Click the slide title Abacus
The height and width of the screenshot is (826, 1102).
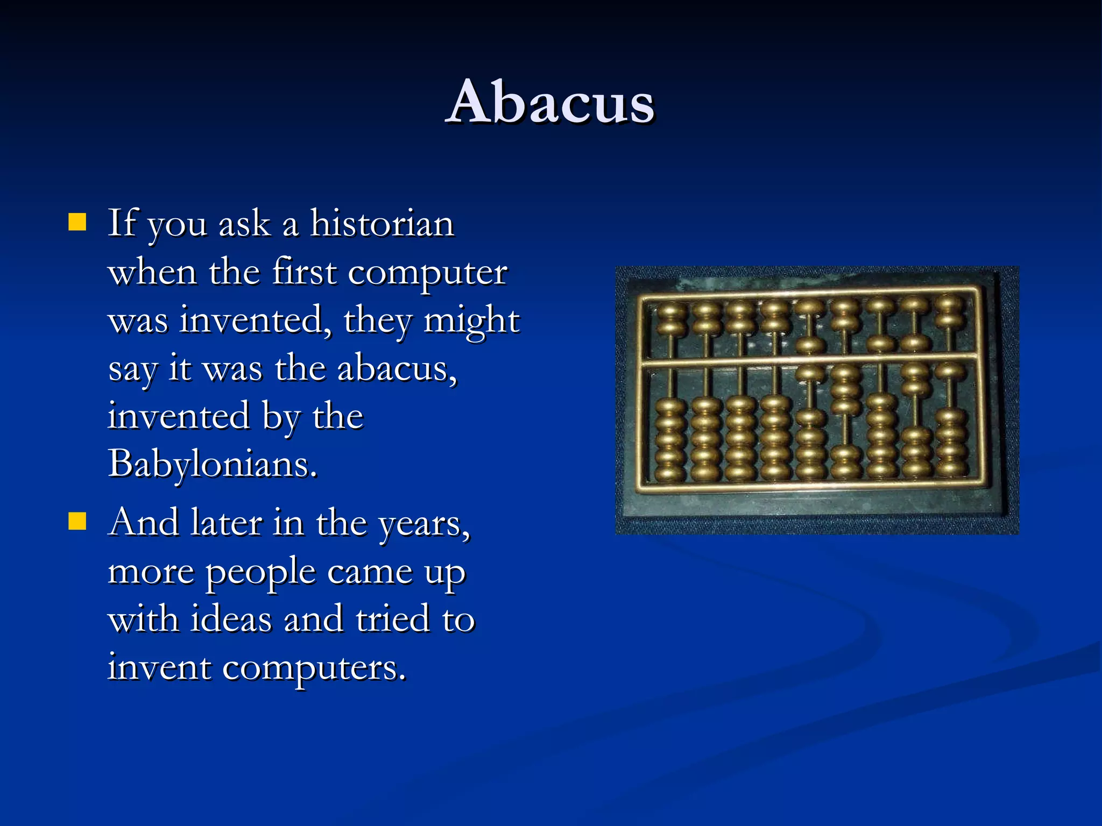pyautogui.click(x=550, y=102)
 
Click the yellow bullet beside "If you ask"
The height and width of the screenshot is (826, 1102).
pyautogui.click(x=77, y=222)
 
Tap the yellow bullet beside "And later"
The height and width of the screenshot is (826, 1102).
pyautogui.click(x=77, y=521)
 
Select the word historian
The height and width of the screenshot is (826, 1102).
pyautogui.click(x=382, y=223)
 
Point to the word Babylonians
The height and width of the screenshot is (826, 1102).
pyautogui.click(x=213, y=464)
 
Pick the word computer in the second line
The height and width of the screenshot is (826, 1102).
pyautogui.click(x=427, y=273)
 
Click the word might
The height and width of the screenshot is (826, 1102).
pyautogui.click(x=471, y=321)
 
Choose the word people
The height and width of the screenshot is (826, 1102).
pyautogui.click(x=261, y=572)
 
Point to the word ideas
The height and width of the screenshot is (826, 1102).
pyautogui.click(x=231, y=619)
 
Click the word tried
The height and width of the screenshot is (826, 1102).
pyautogui.click(x=393, y=619)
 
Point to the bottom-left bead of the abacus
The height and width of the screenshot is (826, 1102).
pyautogui.click(x=671, y=474)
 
